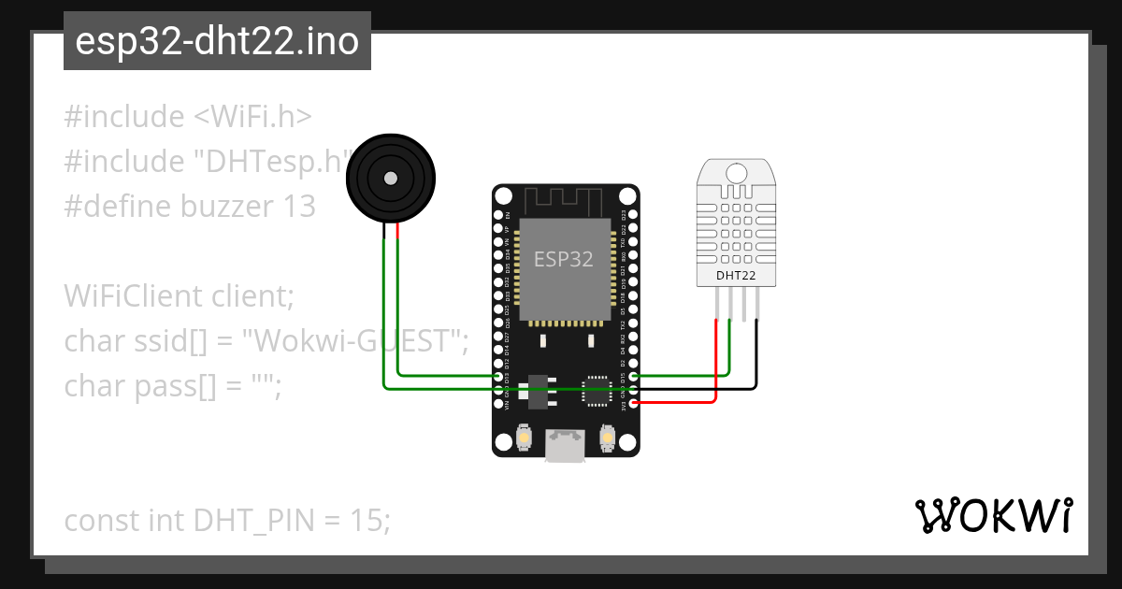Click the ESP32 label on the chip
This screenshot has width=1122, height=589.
point(564,260)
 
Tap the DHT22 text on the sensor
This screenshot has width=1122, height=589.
point(736,276)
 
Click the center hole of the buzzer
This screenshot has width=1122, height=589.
point(390,178)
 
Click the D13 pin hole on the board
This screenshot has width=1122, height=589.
point(497,376)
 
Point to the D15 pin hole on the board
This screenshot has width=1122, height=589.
point(634,376)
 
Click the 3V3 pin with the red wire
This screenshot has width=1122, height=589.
point(634,403)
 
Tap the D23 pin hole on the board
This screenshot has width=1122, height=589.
point(634,215)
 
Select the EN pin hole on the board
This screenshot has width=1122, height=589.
point(497,215)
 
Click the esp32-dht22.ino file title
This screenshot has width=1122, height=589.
point(217,41)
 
